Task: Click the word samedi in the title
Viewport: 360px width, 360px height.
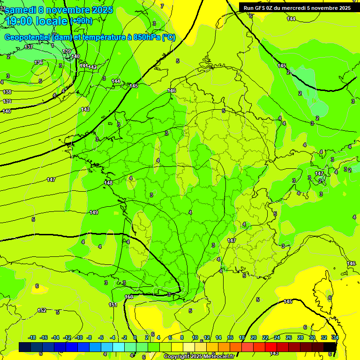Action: [x=21, y=10]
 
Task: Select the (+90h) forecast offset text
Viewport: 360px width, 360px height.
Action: [x=81, y=21]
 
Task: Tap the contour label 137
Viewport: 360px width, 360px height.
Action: [x=29, y=47]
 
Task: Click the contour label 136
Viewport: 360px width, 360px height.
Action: [x=38, y=62]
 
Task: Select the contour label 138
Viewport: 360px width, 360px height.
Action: [x=7, y=92]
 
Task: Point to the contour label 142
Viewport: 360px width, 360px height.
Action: [x=93, y=67]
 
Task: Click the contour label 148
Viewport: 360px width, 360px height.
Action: [x=108, y=183]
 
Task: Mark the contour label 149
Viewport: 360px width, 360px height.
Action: [x=94, y=212]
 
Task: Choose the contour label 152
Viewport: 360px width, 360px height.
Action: [x=42, y=310]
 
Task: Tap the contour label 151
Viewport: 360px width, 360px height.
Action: [x=113, y=305]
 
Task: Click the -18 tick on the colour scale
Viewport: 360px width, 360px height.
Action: [x=32, y=337]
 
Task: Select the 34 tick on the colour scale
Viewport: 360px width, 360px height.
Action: [x=335, y=337]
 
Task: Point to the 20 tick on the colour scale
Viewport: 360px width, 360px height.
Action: [x=253, y=337]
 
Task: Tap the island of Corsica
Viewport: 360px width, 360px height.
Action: [x=324, y=293]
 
